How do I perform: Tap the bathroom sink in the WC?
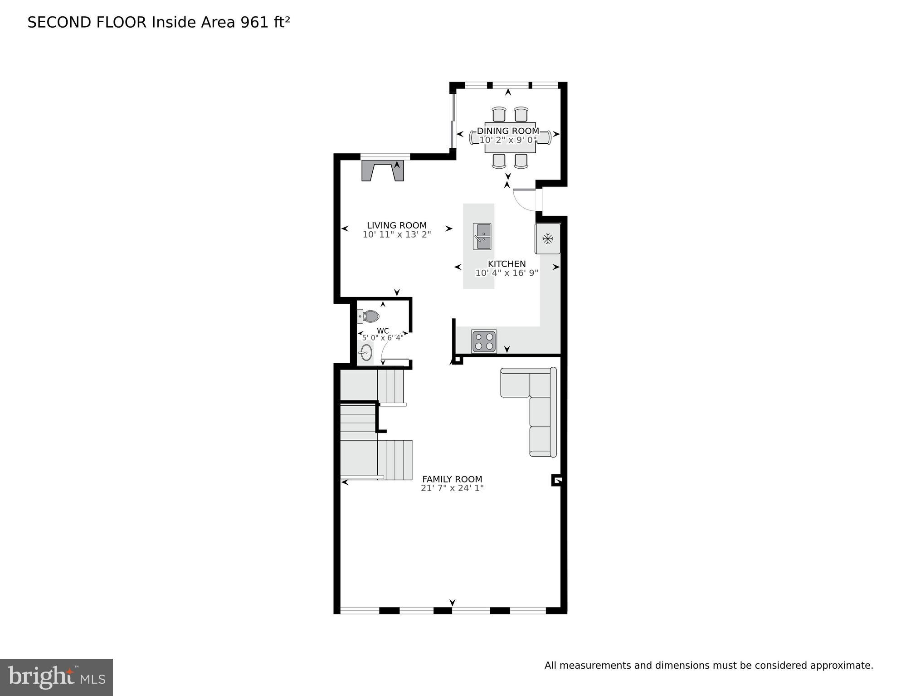pos(365,352)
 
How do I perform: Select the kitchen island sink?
pos(482,236)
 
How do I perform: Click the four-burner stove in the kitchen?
pos(484,341)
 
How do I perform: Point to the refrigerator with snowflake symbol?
pos(548,238)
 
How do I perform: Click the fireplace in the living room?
pos(383,171)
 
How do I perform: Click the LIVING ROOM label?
pos(397,225)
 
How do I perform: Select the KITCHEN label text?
pos(507,264)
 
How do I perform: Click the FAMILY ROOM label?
pos(452,479)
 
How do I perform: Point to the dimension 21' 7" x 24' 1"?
pos(452,488)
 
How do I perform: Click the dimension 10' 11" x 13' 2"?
pos(397,234)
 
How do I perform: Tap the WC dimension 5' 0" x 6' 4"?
pos(383,338)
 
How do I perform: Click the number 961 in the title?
pos(255,22)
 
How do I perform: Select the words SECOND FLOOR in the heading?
pos(87,22)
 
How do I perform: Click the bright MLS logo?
pos(56,677)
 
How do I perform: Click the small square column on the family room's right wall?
pos(557,480)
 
